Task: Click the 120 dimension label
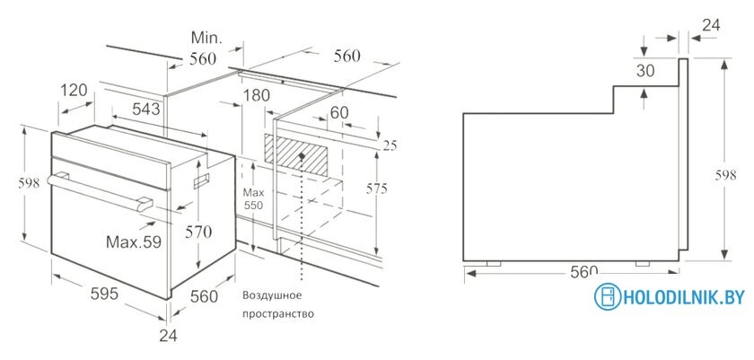pyautogui.click(x=74, y=90)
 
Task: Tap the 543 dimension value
pyautogui.click(x=145, y=110)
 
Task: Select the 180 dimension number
pyautogui.click(x=256, y=95)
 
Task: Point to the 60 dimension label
pyautogui.click(x=339, y=112)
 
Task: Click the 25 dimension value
pyautogui.click(x=390, y=145)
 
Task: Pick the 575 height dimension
pyautogui.click(x=376, y=189)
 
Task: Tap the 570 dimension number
pyautogui.click(x=198, y=233)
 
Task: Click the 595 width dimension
pyautogui.click(x=104, y=294)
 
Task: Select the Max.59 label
pyautogui.click(x=134, y=241)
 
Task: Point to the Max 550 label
pyautogui.click(x=253, y=199)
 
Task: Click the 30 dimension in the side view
pyautogui.click(x=645, y=71)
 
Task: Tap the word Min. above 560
pyautogui.click(x=206, y=37)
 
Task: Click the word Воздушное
pyautogui.click(x=272, y=294)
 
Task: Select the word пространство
pyautogui.click(x=278, y=314)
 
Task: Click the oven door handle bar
pyautogui.click(x=100, y=192)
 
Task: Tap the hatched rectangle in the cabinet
pyautogui.click(x=296, y=154)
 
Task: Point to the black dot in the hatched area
pyautogui.click(x=302, y=156)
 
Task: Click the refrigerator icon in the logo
pyautogui.click(x=608, y=296)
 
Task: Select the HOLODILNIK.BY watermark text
pyautogui.click(x=683, y=297)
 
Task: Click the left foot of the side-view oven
pyautogui.click(x=494, y=263)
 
